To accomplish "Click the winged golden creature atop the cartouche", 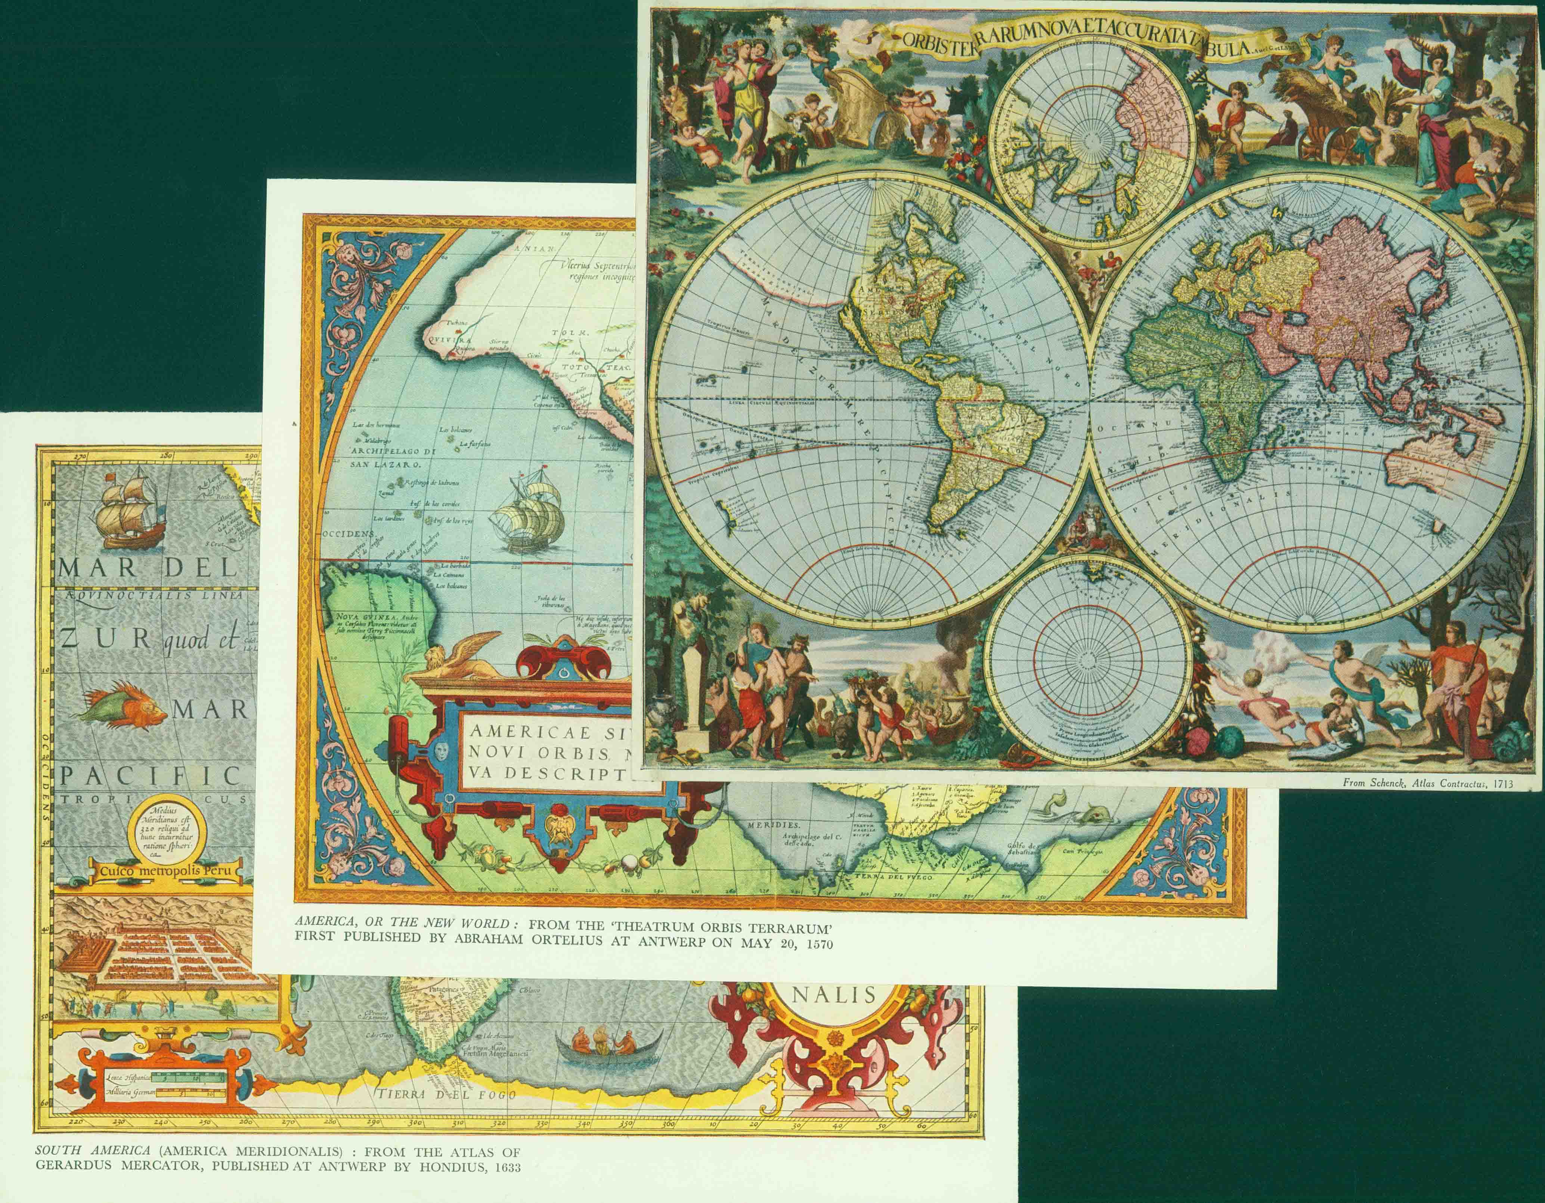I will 460,655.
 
